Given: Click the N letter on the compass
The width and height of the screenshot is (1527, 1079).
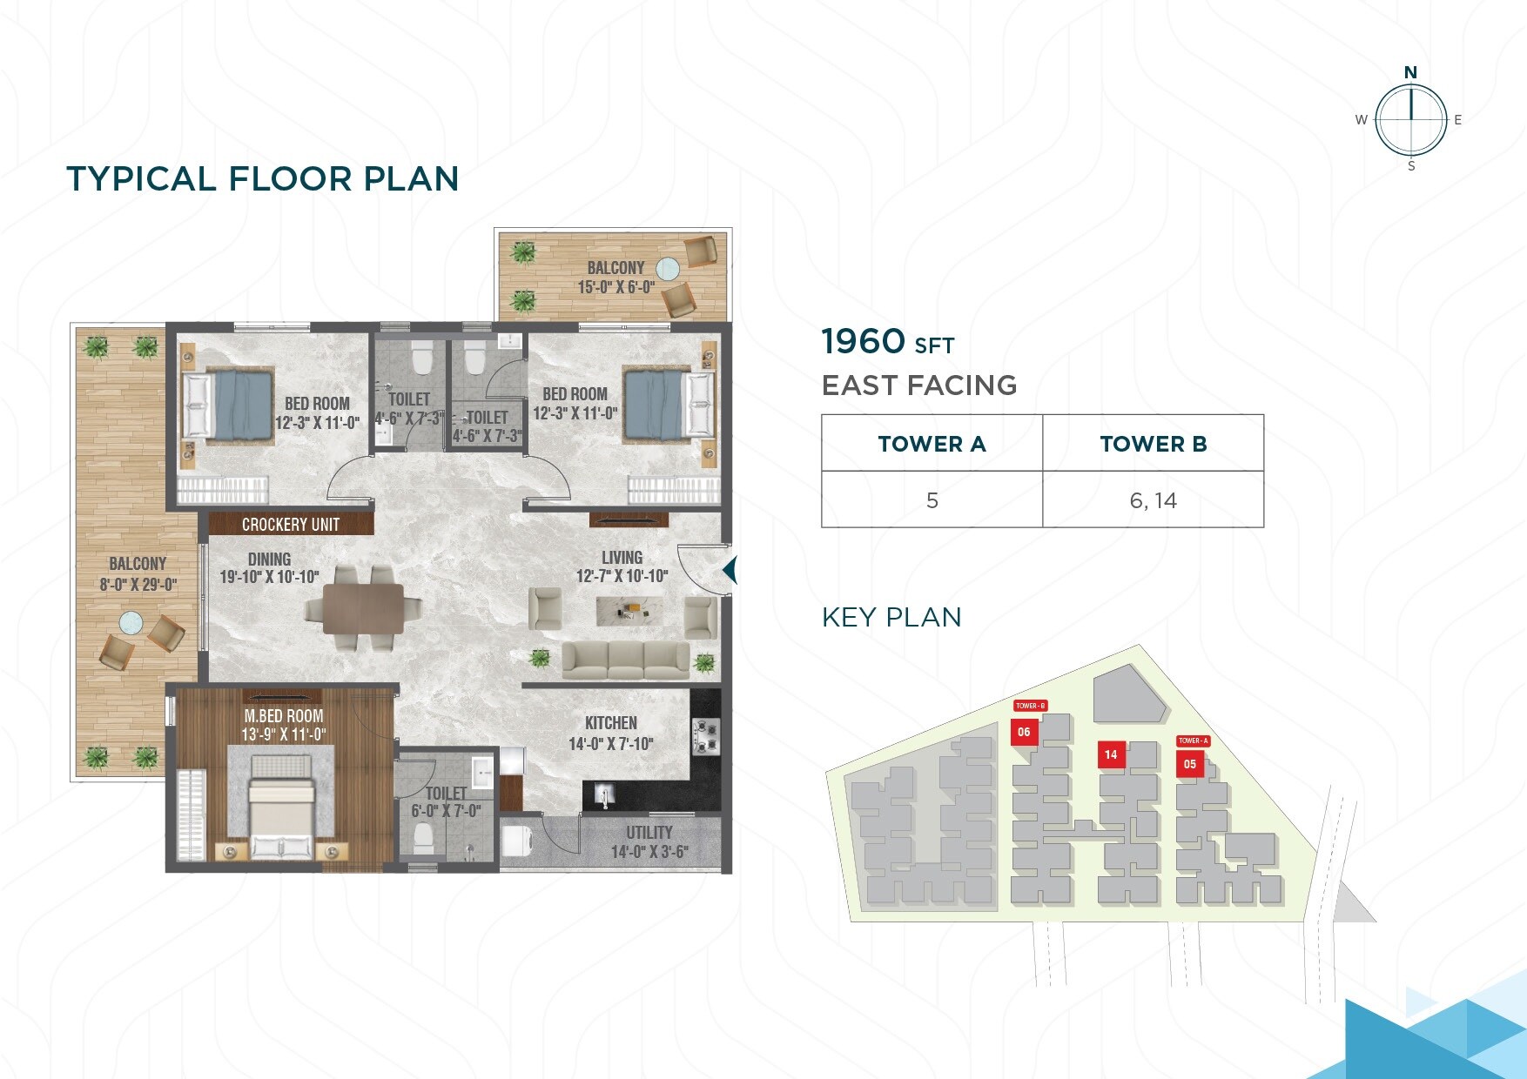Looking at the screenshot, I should [x=1410, y=72].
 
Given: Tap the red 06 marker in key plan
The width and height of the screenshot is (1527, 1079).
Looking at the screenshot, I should [x=1024, y=733].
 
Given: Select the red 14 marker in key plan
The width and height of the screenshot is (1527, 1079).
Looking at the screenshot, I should [x=1111, y=754].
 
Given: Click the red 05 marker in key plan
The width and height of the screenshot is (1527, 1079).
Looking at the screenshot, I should [x=1190, y=764].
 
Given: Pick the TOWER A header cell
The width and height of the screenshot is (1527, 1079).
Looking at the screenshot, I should [x=932, y=444].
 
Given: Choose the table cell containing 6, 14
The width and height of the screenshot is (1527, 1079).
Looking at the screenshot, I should [x=1153, y=500].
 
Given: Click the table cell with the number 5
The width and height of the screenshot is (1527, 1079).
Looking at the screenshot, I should [x=932, y=500].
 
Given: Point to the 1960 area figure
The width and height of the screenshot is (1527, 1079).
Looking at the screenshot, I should [x=864, y=341].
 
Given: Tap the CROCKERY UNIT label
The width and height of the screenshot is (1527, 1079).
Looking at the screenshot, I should [x=291, y=525].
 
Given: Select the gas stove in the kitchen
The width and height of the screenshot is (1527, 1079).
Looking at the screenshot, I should [x=705, y=736].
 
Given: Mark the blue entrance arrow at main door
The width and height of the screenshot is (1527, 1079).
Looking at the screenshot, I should [x=730, y=571].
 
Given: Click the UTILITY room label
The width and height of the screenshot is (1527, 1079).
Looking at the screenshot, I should [x=649, y=833].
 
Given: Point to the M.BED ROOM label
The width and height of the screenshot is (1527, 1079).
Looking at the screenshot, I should [x=284, y=716].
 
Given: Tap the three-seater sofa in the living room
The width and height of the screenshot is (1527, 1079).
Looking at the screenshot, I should [x=626, y=660].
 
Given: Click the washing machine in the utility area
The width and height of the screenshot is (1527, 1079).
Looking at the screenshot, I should [x=519, y=841].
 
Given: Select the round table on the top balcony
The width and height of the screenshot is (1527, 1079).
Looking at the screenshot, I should [x=668, y=268].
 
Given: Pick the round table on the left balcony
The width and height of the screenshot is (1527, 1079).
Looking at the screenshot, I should [x=131, y=622].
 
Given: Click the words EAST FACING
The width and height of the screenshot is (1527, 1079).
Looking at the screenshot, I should [x=919, y=385].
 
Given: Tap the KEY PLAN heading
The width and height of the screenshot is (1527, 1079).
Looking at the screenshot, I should [x=891, y=617].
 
